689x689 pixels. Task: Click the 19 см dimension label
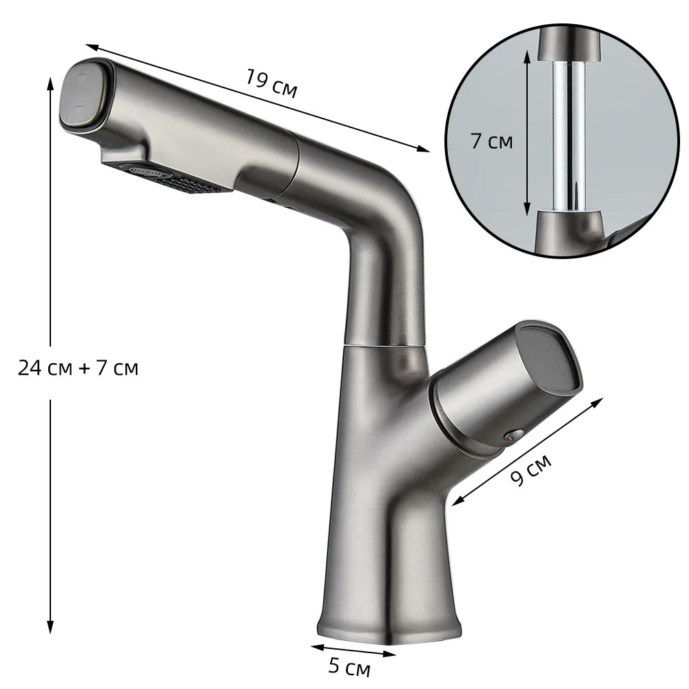[271, 84]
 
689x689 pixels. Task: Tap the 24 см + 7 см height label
[78, 369]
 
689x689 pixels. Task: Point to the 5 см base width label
[349, 668]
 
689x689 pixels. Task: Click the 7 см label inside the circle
[491, 142]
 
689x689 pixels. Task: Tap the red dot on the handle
[511, 435]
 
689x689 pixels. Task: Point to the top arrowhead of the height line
[50, 81]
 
